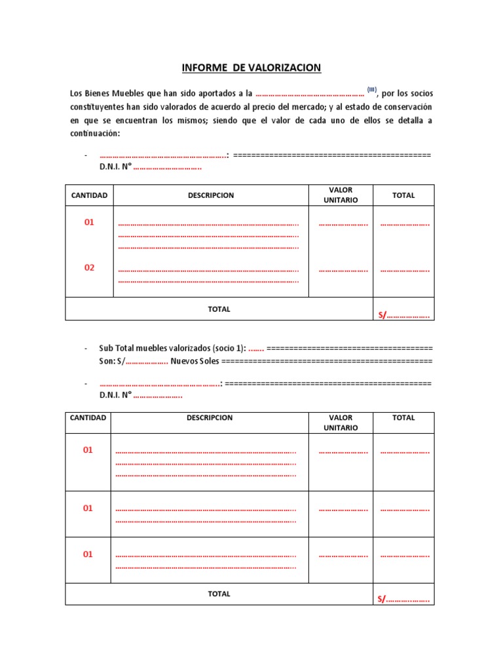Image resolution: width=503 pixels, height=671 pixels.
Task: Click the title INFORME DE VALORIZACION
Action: [x=251, y=67]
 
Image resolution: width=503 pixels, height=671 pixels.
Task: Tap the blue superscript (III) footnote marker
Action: [x=371, y=90]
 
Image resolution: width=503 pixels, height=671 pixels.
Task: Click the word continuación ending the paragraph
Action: [x=95, y=134]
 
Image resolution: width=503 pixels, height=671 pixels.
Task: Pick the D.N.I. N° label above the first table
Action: [x=115, y=167]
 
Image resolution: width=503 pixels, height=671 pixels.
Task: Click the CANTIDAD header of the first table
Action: [x=89, y=195]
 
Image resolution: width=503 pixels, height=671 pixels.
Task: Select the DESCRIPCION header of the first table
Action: [x=210, y=195]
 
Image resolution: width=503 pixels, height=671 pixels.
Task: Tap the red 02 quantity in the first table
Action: [x=89, y=267]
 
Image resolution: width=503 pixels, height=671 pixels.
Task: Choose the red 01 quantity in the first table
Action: [x=89, y=222]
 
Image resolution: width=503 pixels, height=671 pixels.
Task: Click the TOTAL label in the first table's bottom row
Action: [x=219, y=309]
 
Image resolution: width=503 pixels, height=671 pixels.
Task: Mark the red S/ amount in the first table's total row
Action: [x=403, y=315]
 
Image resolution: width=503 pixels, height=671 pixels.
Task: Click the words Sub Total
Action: [x=117, y=348]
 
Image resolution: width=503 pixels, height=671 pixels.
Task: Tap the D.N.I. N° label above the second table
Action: [x=115, y=395]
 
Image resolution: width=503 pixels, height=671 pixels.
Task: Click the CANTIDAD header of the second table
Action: [x=88, y=417]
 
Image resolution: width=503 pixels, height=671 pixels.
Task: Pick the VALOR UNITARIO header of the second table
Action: [x=341, y=423]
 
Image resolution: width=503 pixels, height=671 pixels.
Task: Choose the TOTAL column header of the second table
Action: [x=403, y=417]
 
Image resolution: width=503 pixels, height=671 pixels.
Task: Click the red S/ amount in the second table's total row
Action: [x=403, y=599]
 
